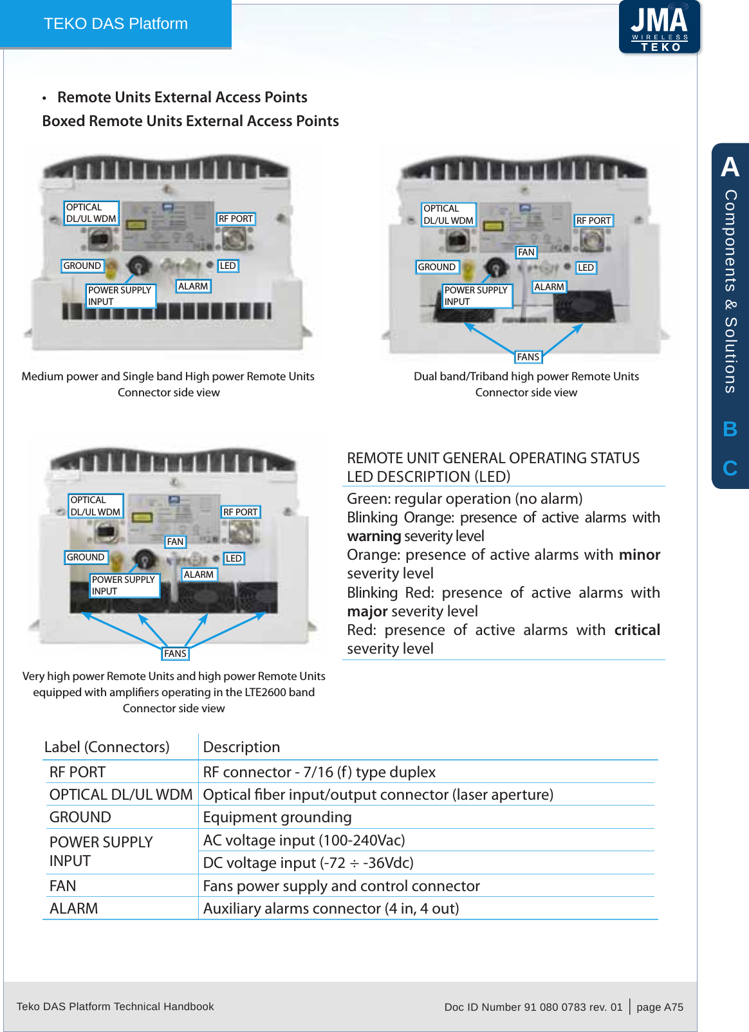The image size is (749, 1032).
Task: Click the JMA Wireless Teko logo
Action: click(x=660, y=27)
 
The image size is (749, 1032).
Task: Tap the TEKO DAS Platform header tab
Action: click(x=116, y=24)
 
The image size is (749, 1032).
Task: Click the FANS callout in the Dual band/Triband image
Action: click(x=528, y=357)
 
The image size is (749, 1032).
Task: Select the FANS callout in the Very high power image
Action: click(x=175, y=654)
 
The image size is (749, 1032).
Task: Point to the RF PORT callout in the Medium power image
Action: click(x=236, y=219)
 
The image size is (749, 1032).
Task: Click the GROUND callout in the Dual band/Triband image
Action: click(x=437, y=267)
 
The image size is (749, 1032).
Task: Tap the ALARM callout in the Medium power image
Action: click(x=193, y=286)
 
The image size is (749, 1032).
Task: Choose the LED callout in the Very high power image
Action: click(x=234, y=558)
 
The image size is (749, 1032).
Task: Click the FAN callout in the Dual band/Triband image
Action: click(x=526, y=252)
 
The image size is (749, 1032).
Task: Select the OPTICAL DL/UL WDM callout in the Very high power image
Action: click(x=95, y=506)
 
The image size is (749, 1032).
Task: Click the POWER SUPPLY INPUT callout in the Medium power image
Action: click(x=120, y=296)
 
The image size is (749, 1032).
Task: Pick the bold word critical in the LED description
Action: click(x=637, y=630)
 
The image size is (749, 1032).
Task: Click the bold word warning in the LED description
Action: click(x=374, y=536)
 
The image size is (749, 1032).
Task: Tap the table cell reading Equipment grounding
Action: click(x=277, y=817)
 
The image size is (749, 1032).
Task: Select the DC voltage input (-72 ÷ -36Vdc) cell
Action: click(x=308, y=863)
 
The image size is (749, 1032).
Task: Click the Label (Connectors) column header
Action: click(x=107, y=747)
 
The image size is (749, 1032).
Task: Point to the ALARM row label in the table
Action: click(x=74, y=908)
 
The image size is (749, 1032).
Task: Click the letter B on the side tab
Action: click(x=730, y=429)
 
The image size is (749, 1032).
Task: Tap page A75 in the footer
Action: click(x=660, y=1007)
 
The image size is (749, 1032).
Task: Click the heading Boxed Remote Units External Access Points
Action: click(x=190, y=121)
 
